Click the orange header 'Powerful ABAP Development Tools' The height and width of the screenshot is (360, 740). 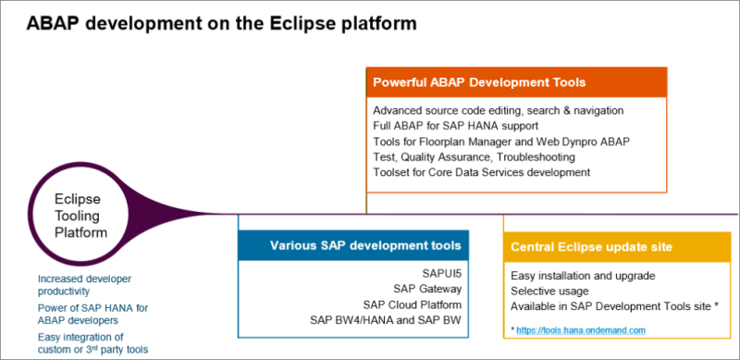coord(478,82)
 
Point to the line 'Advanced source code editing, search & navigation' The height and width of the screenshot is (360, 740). coord(498,110)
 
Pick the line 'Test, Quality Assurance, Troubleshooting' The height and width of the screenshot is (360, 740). coord(470,156)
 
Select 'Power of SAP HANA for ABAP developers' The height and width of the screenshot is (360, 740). coord(86,313)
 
